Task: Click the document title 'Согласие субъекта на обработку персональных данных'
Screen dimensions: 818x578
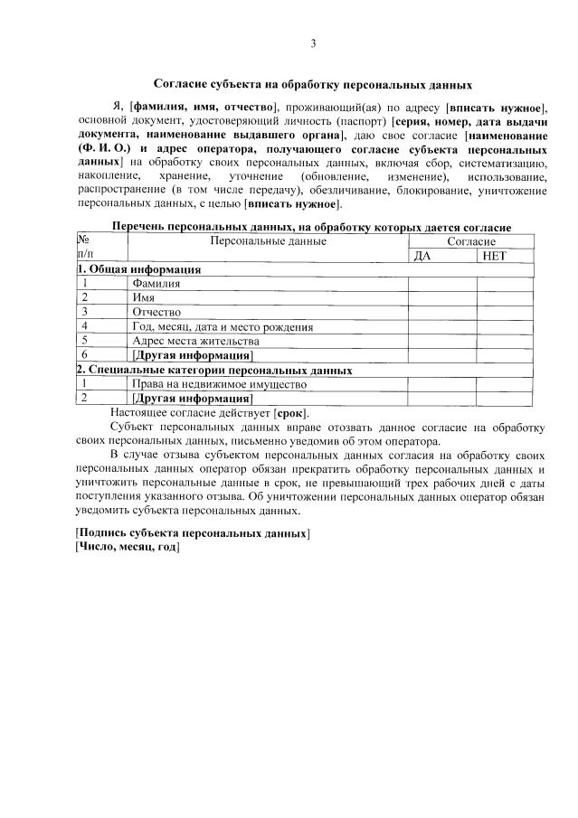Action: tap(312, 85)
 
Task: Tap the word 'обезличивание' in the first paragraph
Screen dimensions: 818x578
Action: tap(356, 190)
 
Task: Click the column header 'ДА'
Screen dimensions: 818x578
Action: tap(421, 256)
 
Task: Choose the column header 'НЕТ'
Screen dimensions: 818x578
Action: tap(495, 256)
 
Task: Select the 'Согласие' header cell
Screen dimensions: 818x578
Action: tap(471, 242)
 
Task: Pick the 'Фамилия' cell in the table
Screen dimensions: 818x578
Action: tap(156, 284)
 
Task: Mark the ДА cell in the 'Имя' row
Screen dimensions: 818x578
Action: tap(441, 297)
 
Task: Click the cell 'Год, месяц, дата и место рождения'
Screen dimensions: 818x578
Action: tap(223, 326)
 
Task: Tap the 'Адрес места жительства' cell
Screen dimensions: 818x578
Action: tap(195, 341)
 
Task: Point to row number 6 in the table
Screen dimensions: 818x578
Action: tap(83, 354)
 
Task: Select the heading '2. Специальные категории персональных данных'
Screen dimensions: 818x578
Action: tap(214, 370)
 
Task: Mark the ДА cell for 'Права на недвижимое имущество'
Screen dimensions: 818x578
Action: tap(441, 383)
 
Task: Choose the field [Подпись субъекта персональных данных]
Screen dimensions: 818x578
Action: tap(193, 534)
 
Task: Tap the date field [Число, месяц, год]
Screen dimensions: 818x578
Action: tap(128, 548)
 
